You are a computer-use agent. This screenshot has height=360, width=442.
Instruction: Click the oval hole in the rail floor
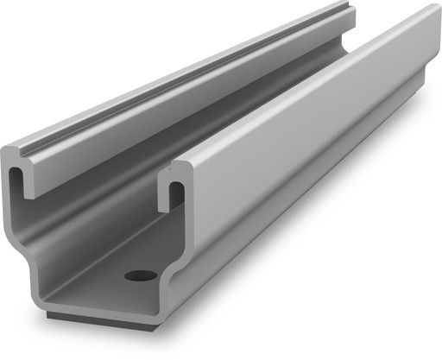(x=140, y=276)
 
